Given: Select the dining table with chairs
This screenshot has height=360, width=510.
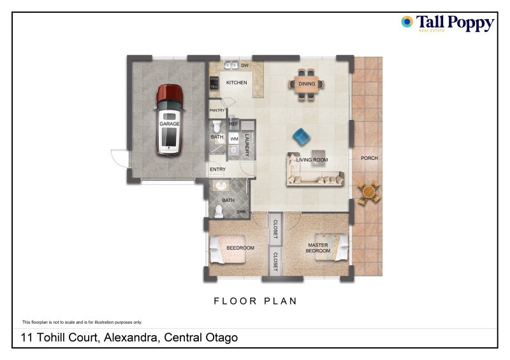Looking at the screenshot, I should [307, 83].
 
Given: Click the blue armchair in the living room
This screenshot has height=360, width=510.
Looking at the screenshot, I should [301, 136].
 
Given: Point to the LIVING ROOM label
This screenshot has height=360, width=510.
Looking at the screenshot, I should [312, 160].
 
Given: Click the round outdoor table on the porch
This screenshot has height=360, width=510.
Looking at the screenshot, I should [368, 191].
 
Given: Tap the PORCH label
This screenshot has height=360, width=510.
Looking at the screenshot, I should [369, 158].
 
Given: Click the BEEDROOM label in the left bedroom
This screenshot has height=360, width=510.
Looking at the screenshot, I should [240, 248].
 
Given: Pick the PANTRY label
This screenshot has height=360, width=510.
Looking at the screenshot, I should [218, 110].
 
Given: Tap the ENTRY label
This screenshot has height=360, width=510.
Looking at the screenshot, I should [218, 169].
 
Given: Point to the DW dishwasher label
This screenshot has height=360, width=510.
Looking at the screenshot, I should [245, 66].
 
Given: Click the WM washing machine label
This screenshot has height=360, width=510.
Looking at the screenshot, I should [234, 138].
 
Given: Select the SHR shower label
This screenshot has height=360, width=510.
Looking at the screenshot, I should [242, 212].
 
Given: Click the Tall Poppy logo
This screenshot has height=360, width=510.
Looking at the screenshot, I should [448, 24].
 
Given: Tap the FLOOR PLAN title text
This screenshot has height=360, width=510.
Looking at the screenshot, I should [255, 301].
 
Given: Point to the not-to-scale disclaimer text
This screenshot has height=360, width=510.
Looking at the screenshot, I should [82, 322].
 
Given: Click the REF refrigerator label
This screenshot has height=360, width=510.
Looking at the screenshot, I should [233, 124].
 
